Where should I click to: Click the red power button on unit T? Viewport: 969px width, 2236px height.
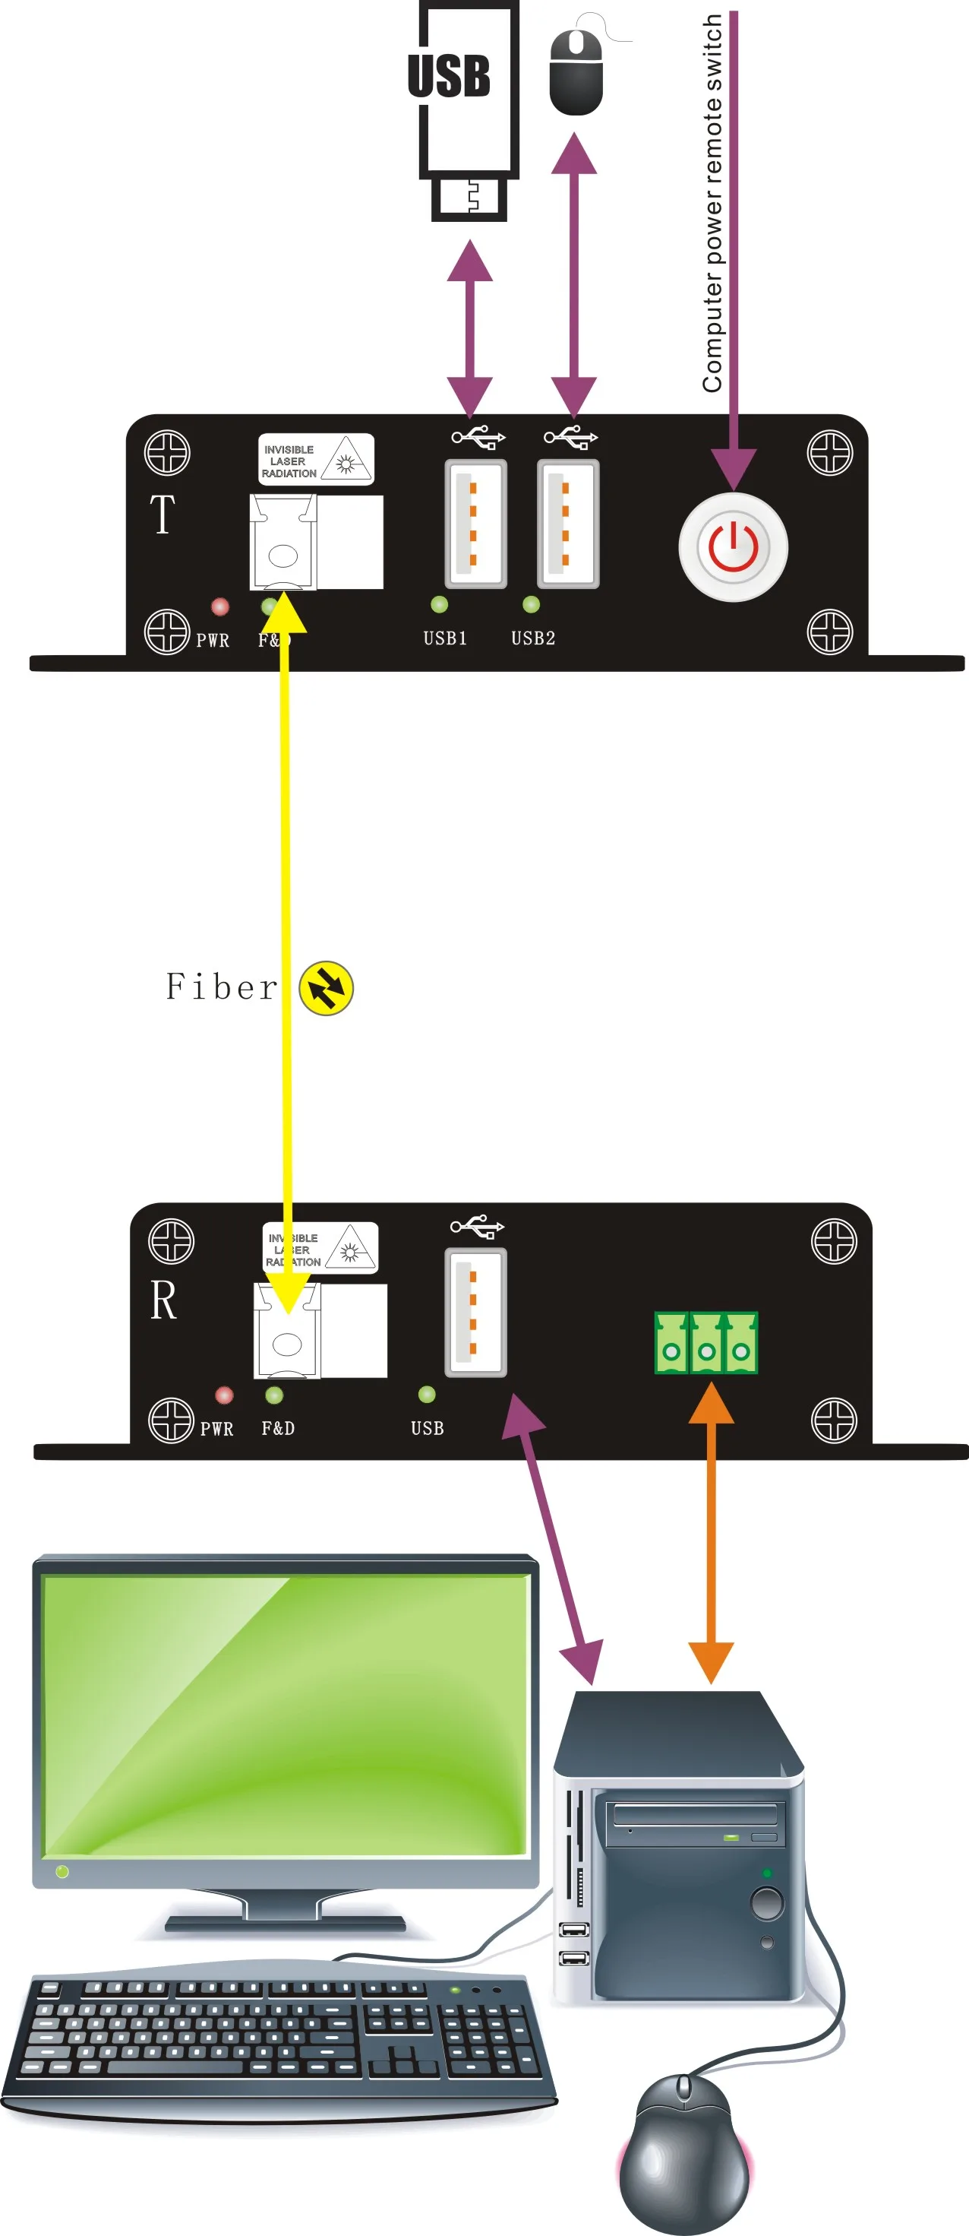733,547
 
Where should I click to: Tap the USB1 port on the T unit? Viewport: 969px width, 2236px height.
475,524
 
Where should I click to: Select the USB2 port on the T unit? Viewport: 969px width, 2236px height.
567,524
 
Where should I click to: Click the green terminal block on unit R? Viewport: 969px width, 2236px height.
705,1342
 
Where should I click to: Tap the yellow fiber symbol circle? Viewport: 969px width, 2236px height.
327,988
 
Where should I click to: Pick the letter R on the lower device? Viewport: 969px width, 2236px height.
163,1300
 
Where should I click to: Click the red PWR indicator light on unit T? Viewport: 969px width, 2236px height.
220,606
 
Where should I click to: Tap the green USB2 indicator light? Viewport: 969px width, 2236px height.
531,604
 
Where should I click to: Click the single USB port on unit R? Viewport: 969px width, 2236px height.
475,1313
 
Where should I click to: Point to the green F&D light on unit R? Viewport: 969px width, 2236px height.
274,1395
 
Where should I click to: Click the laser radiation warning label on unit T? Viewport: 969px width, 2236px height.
316,459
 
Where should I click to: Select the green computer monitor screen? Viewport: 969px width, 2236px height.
286,1715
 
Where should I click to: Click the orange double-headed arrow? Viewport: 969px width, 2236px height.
712,1532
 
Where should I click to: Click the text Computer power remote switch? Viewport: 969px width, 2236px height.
712,204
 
